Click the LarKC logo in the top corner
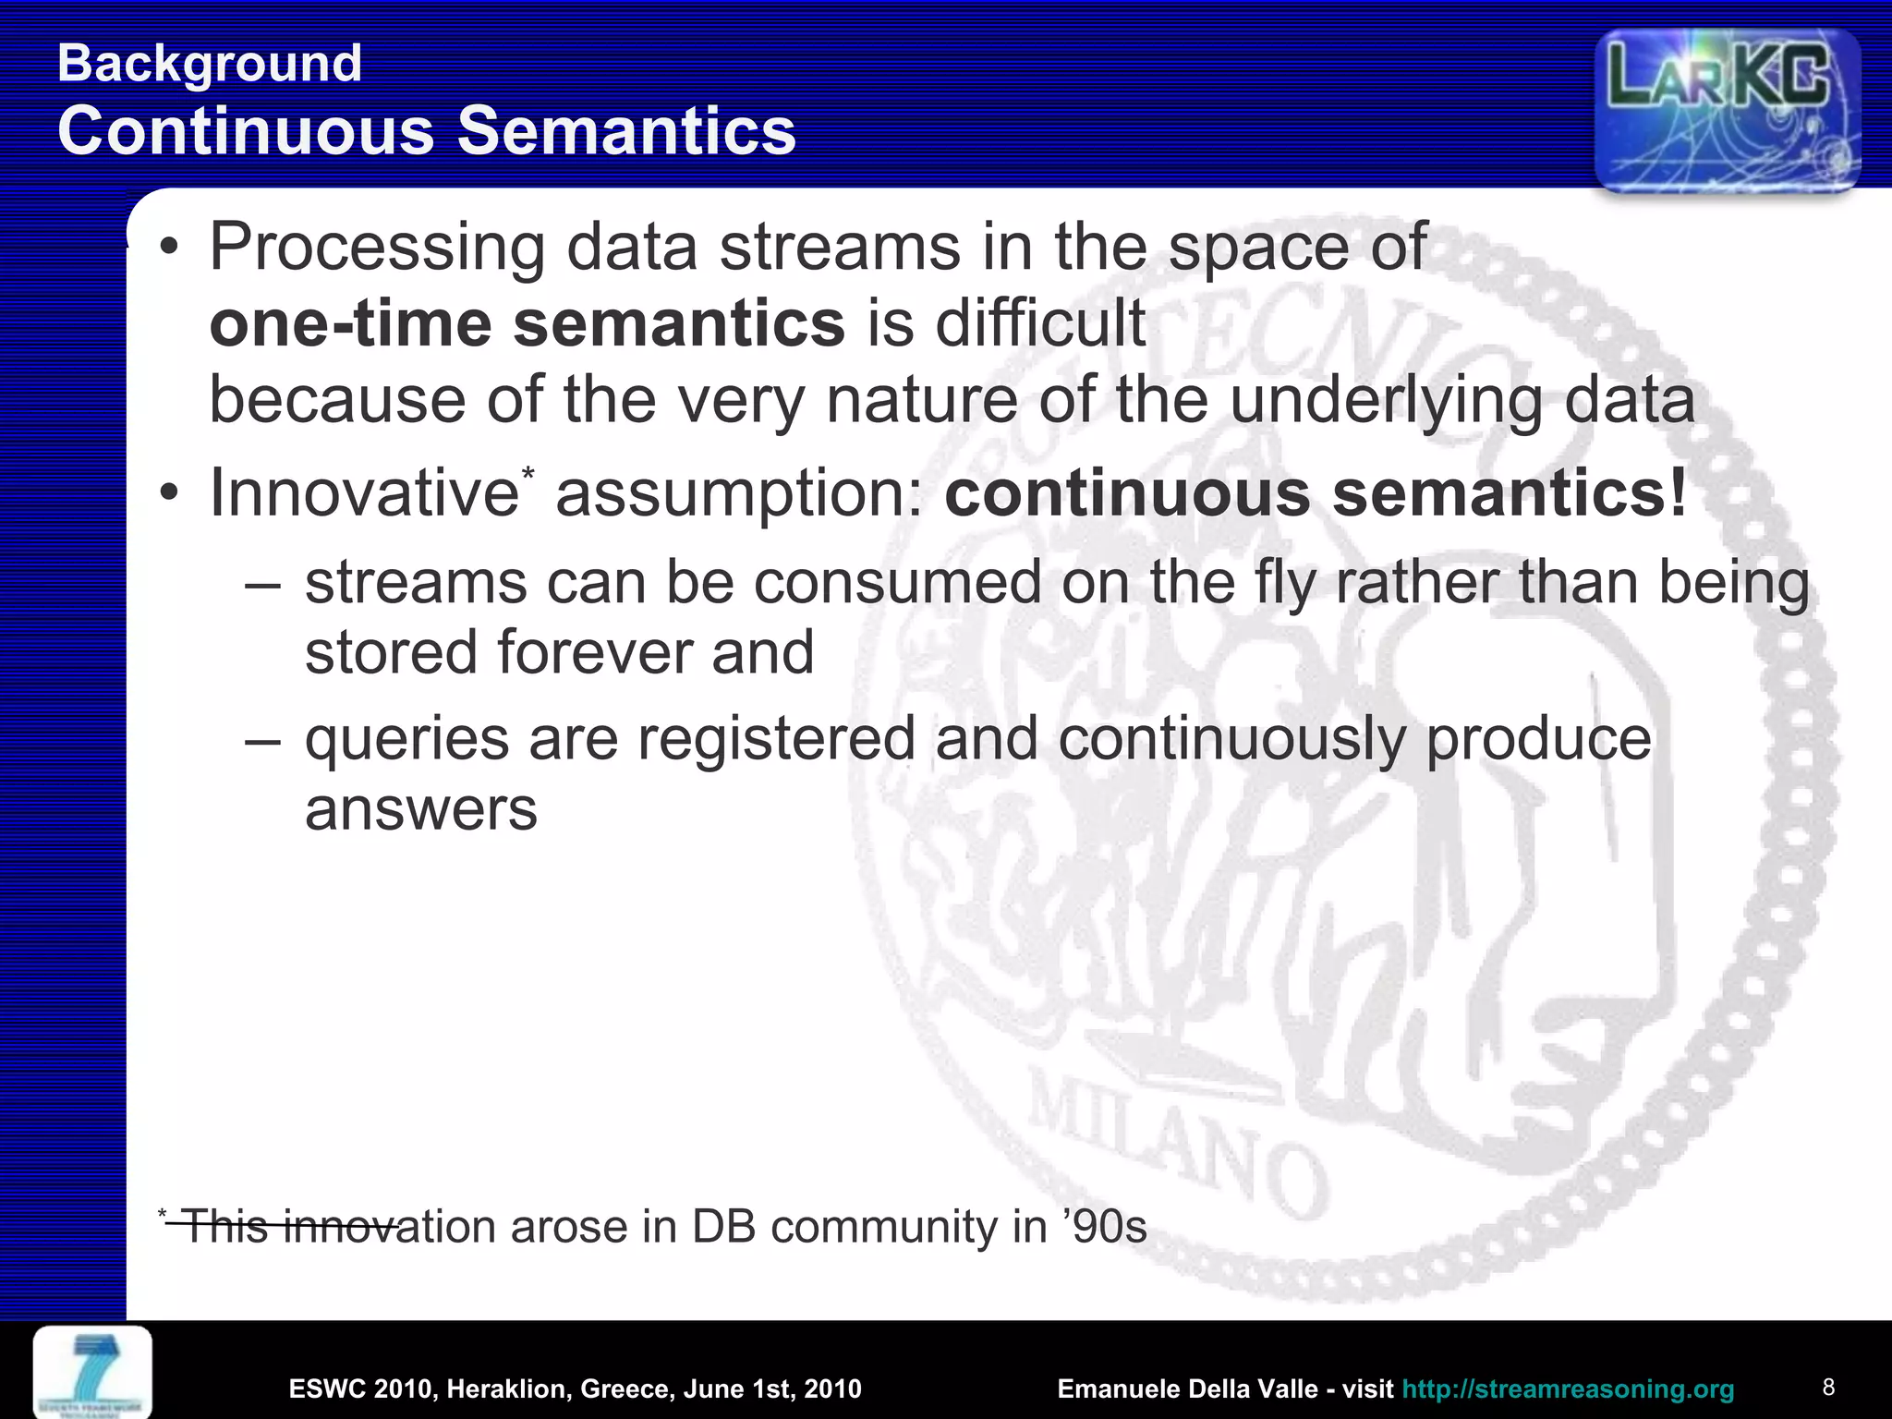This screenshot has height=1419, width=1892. point(1727,109)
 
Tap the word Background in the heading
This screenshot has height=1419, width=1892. point(209,64)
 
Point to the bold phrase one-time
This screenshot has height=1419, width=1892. point(350,324)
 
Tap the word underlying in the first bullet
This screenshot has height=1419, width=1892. point(1387,401)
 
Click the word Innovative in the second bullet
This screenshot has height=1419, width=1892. point(363,493)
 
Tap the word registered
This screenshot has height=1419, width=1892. point(776,739)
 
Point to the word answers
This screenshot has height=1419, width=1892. point(420,810)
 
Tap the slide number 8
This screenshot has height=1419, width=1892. point(1827,1387)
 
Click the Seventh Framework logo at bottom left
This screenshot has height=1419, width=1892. point(92,1373)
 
